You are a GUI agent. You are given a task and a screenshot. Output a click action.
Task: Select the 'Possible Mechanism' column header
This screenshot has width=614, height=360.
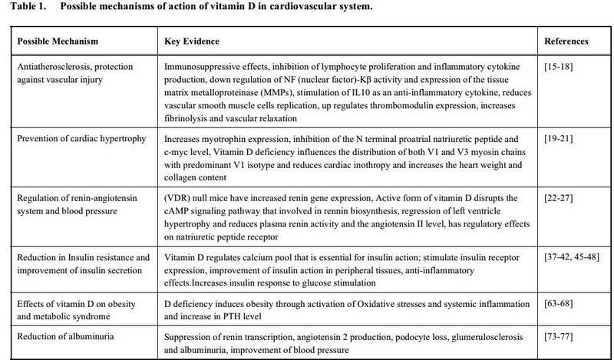click(x=52, y=41)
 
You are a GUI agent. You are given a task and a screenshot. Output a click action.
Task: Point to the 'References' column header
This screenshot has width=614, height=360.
click(x=566, y=41)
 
